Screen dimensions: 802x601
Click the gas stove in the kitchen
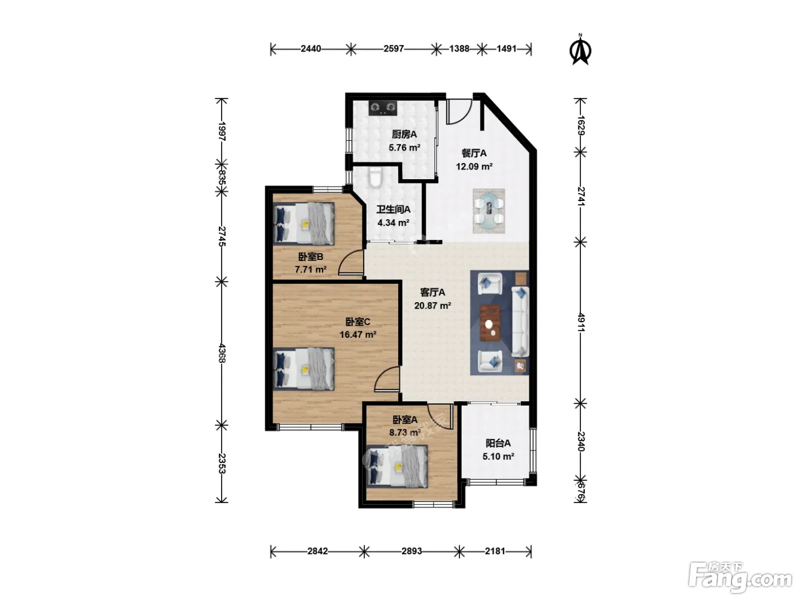click(x=383, y=108)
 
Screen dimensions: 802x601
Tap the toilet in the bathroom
click(x=375, y=177)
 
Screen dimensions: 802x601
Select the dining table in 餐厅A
click(x=489, y=211)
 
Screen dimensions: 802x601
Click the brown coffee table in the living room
click(x=489, y=323)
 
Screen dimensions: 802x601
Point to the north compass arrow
click(x=580, y=50)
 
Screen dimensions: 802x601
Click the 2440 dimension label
click(x=310, y=49)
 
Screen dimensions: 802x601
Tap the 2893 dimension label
click(x=411, y=551)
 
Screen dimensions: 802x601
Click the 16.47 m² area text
click(x=357, y=334)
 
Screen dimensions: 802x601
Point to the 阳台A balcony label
click(x=498, y=444)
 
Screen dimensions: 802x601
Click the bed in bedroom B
click(x=304, y=224)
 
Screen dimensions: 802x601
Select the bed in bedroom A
click(x=397, y=466)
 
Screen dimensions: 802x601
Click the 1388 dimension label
click(x=459, y=49)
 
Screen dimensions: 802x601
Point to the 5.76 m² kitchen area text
click(x=404, y=148)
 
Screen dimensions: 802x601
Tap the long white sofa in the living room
click(x=520, y=322)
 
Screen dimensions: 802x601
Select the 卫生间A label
click(x=393, y=209)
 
